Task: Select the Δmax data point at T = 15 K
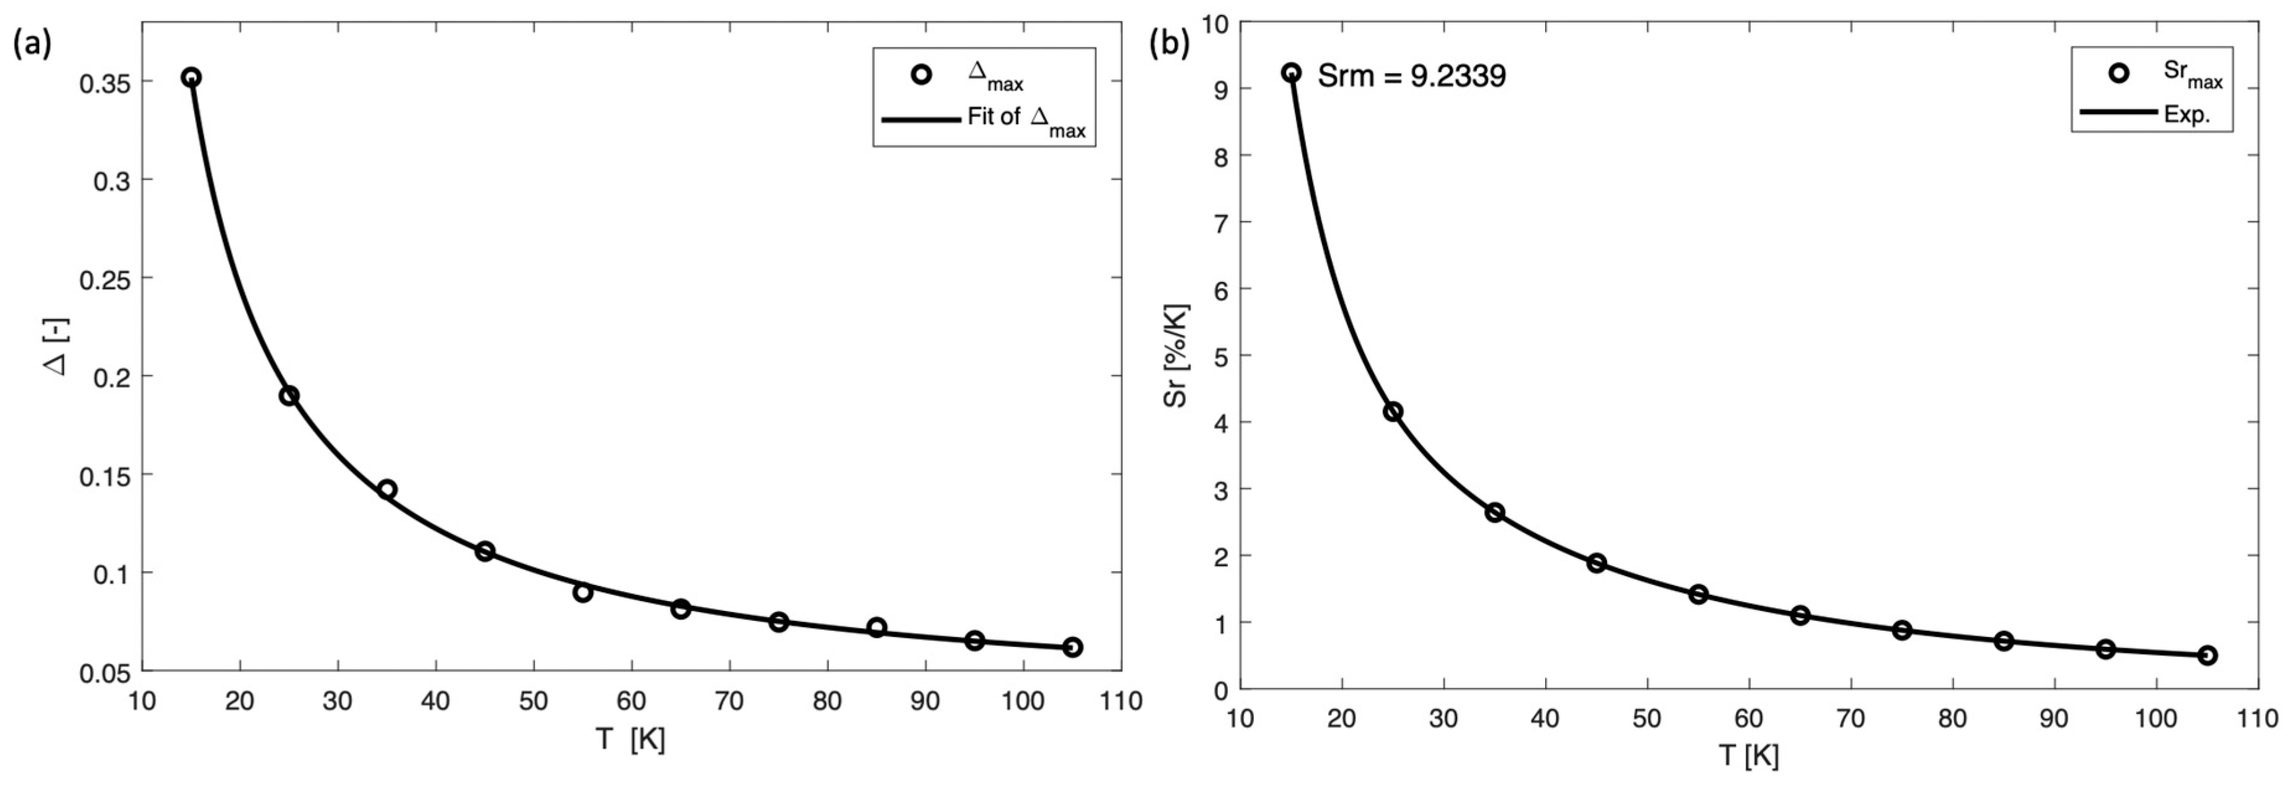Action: point(191,77)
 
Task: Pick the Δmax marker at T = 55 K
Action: point(583,592)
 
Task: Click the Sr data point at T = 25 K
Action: point(1393,412)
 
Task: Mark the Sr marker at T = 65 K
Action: point(1800,615)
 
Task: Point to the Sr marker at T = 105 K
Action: point(2208,655)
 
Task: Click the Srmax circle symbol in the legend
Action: point(2119,74)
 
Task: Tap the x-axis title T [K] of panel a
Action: point(631,740)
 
